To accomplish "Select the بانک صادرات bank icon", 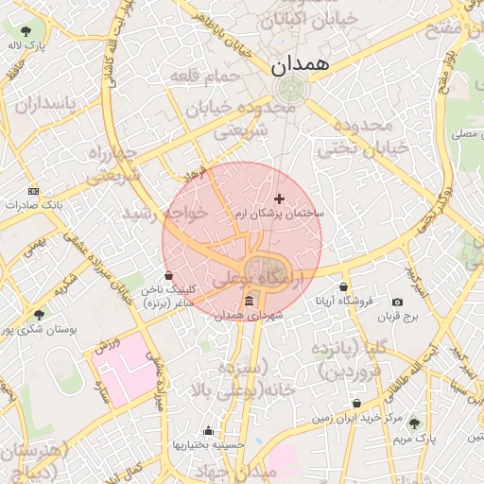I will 34,190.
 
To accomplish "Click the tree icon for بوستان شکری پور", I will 39,315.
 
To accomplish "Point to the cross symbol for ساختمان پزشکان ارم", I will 278,199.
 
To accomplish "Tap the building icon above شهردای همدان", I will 249,301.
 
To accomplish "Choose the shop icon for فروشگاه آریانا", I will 343,287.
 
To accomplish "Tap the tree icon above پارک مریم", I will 413,423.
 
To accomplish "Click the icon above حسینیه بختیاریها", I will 209,431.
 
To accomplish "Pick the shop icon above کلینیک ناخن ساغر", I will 168,276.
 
